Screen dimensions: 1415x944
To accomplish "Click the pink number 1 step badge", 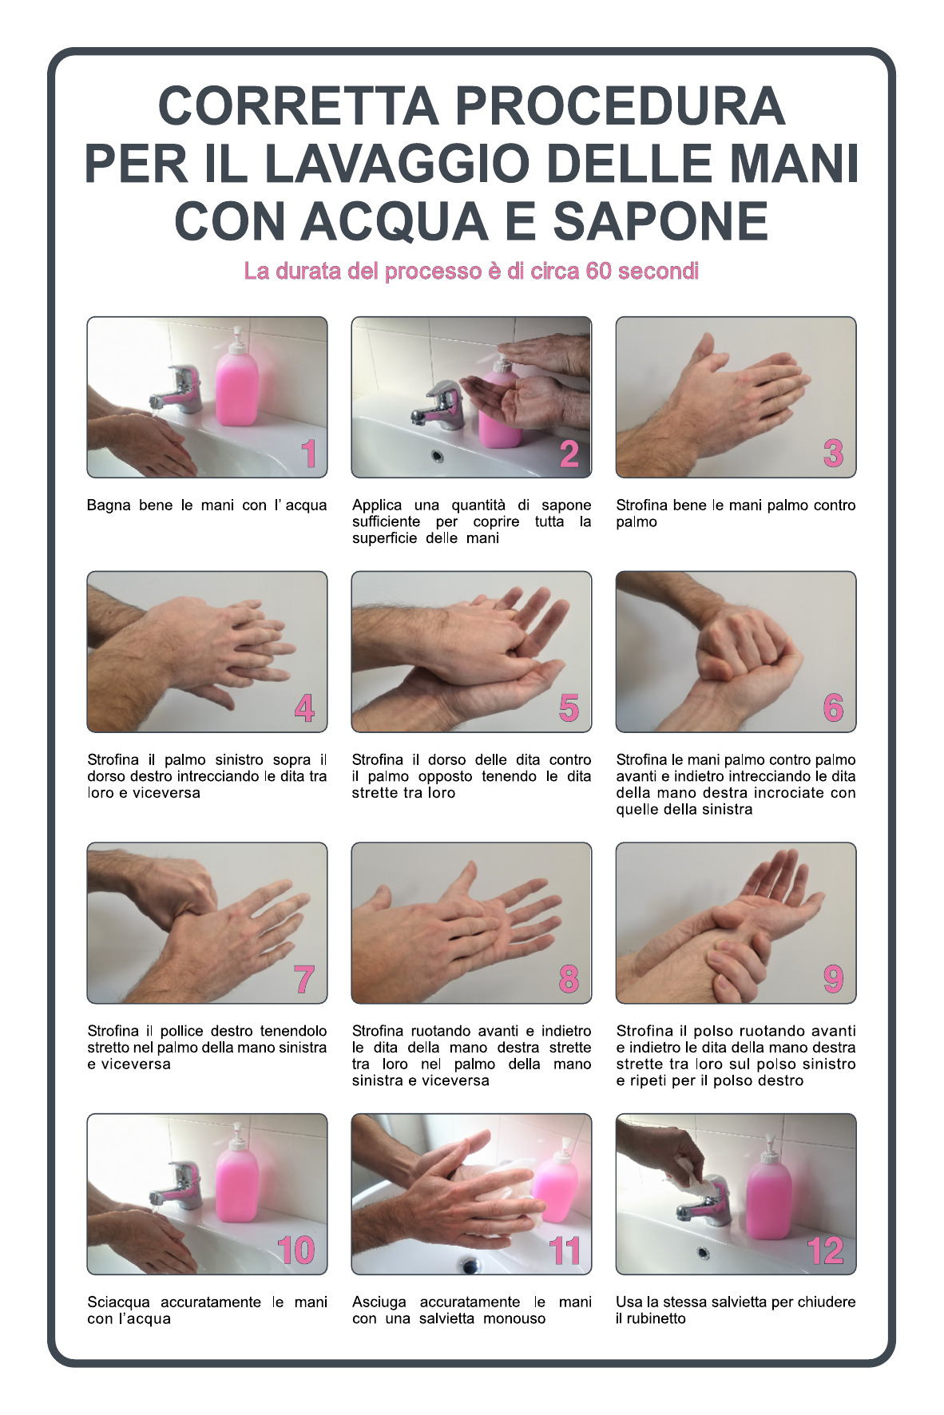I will pos(309,454).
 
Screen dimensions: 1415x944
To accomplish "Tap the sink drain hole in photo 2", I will pos(437,455).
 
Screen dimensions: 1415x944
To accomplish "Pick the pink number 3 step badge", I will pos(833,454).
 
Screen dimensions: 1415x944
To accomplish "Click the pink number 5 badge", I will pos(569,708).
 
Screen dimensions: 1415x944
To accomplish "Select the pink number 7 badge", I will pos(304,980).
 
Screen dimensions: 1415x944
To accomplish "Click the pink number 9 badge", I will pos(833,979).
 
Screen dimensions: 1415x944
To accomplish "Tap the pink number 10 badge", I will pos(296,1251).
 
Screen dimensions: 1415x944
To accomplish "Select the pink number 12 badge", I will pos(825,1251).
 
